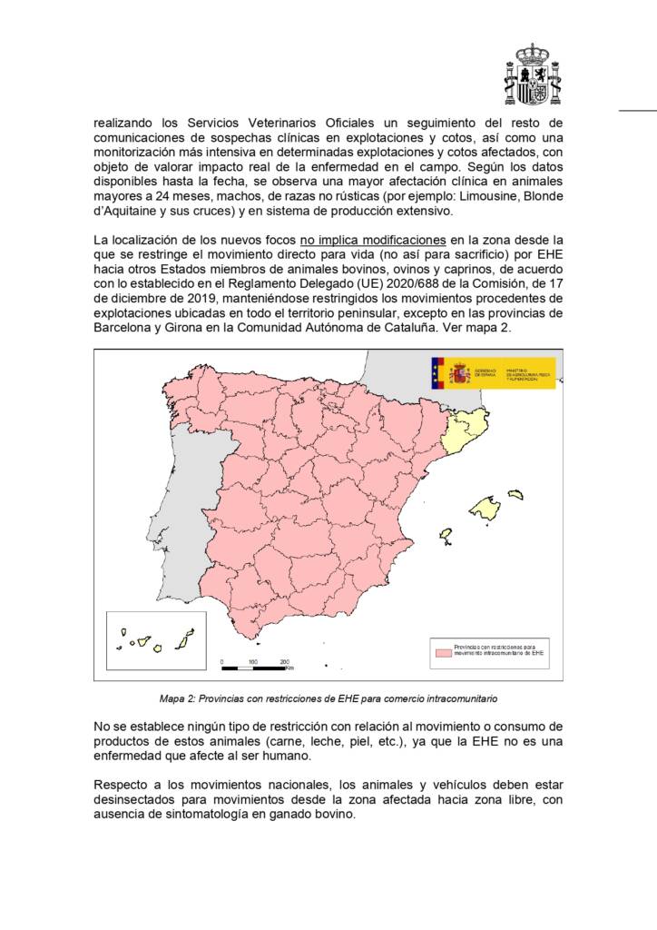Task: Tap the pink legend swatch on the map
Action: coord(443,650)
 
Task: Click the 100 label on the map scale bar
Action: coord(252,661)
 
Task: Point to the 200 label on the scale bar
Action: coord(284,661)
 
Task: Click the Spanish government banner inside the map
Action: coord(493,372)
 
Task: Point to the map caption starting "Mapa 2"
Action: coord(328,699)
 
